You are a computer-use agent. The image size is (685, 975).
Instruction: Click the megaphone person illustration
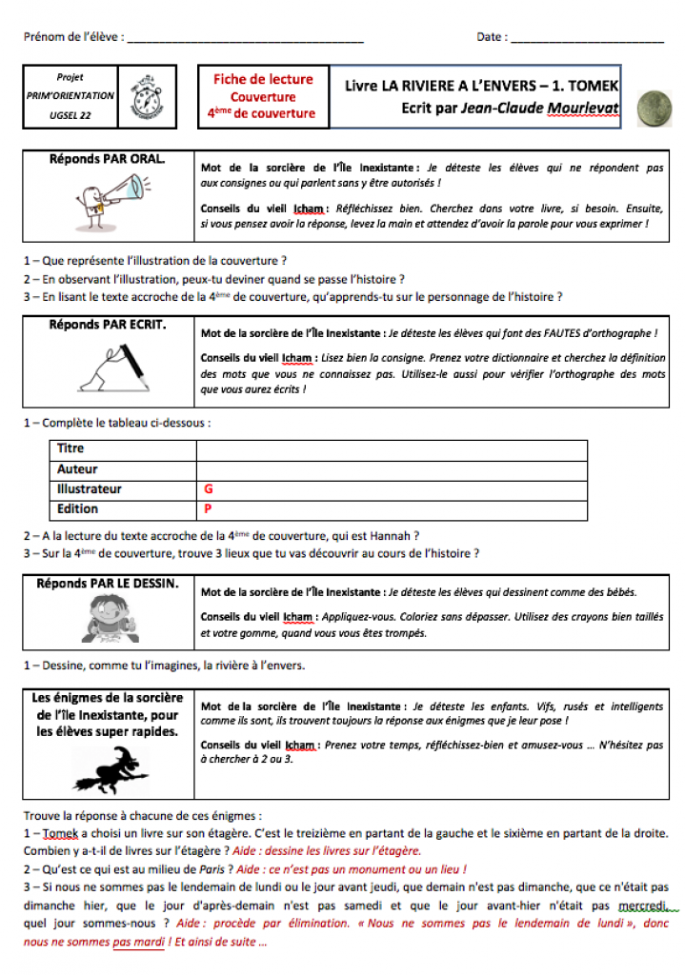tap(105, 201)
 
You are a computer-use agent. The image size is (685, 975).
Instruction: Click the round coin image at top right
tap(653, 109)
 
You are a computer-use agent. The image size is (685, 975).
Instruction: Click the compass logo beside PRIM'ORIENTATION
tap(147, 96)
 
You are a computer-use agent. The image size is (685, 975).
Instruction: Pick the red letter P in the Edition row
tap(208, 509)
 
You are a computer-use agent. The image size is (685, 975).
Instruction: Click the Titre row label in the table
tap(71, 448)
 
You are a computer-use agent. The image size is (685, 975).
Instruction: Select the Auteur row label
tap(77, 468)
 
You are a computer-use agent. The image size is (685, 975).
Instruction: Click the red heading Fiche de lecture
tap(262, 80)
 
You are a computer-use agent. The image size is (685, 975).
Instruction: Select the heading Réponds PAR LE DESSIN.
tap(107, 583)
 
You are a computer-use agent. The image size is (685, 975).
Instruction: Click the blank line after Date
tap(587, 39)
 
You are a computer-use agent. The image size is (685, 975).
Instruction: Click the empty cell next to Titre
tap(391, 448)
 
